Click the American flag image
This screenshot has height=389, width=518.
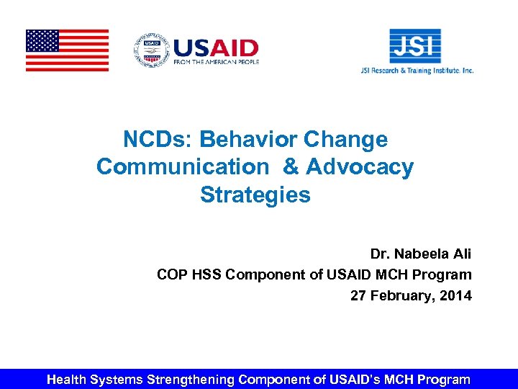click(x=67, y=50)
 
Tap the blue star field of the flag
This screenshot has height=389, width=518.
click(x=42, y=40)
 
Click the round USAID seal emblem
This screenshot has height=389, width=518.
click(x=150, y=50)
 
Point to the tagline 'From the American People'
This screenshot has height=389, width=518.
click(x=215, y=63)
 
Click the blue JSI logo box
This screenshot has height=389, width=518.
click(x=415, y=46)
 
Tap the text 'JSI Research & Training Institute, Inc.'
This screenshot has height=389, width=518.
click(x=417, y=71)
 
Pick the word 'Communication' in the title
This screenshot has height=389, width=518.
click(x=182, y=167)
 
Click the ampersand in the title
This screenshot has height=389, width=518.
click(x=291, y=167)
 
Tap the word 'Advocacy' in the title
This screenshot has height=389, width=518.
click(x=360, y=167)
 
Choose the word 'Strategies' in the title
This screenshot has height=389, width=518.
click(x=255, y=195)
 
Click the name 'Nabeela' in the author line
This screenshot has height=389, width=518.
click(x=423, y=254)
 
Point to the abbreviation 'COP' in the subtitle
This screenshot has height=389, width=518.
click(x=172, y=274)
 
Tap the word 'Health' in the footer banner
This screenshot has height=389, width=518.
click(x=69, y=379)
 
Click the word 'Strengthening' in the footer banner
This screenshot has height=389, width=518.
click(x=190, y=379)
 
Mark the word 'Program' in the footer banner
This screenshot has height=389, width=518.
click(x=443, y=379)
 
